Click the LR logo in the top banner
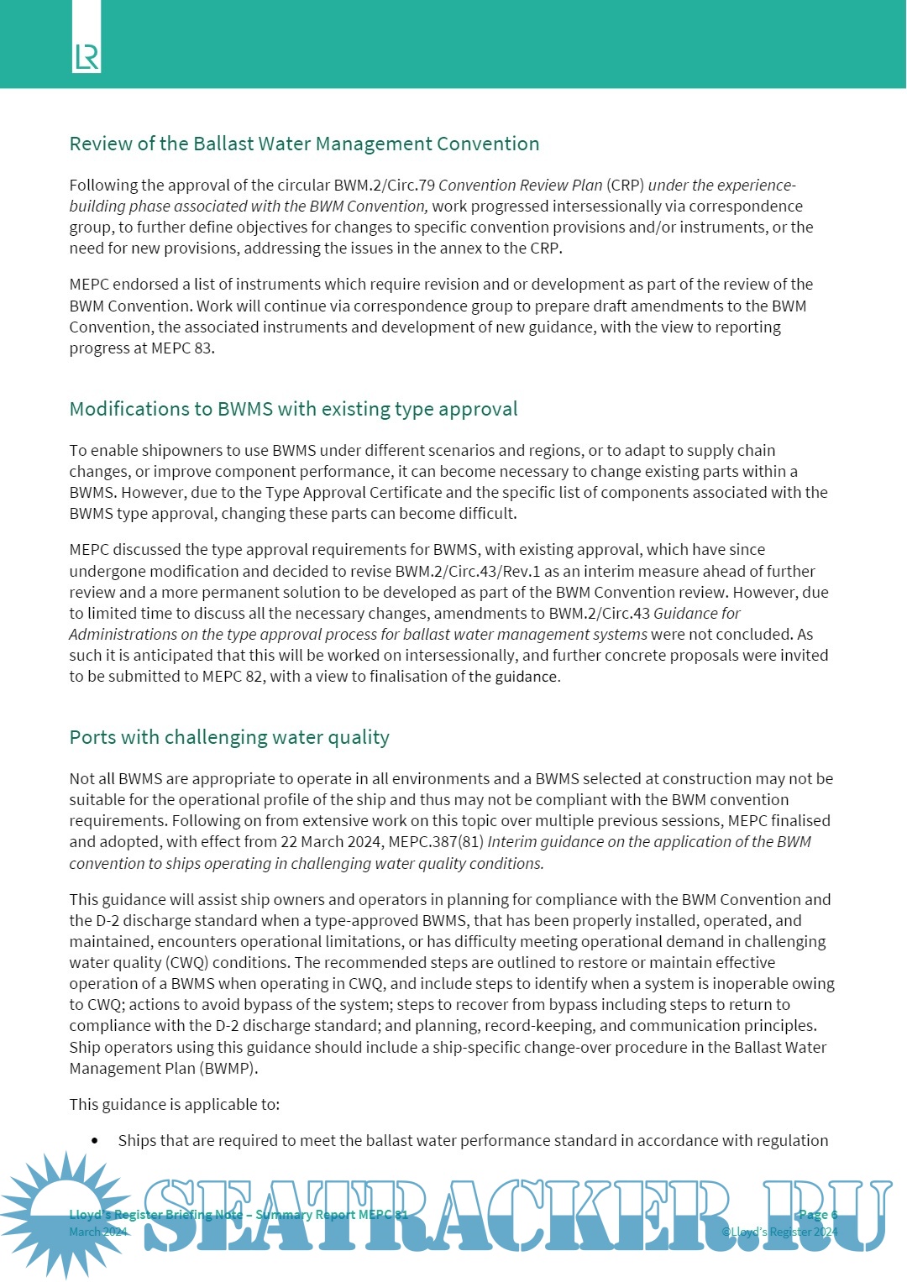tap(87, 57)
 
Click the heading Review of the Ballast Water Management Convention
tap(304, 144)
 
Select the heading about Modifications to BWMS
tap(293, 409)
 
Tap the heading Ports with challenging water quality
tap(229, 737)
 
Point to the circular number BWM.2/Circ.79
tap(384, 186)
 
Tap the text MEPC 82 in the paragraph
tap(233, 677)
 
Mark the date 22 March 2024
tap(331, 842)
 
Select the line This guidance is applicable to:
tap(175, 1105)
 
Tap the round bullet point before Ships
tap(95, 1141)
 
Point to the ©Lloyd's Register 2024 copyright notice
tap(779, 1232)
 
